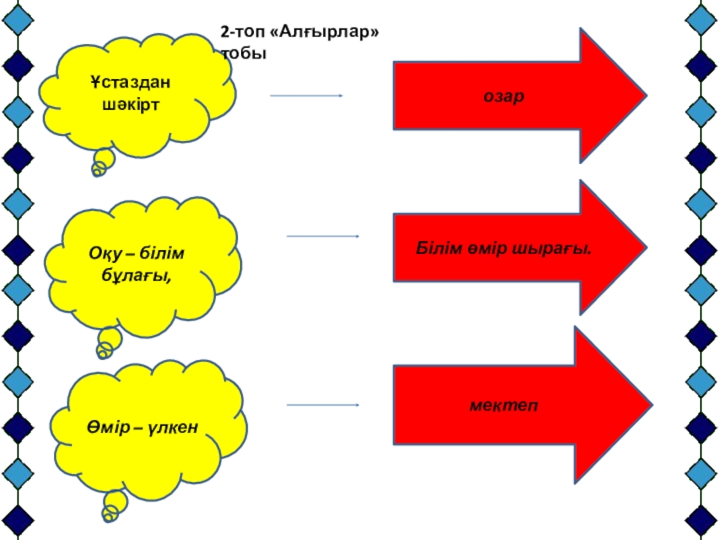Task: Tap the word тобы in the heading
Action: click(x=244, y=53)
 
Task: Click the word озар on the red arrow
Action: click(x=503, y=95)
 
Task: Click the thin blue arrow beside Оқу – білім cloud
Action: click(x=322, y=237)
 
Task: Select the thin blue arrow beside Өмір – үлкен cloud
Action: click(x=323, y=405)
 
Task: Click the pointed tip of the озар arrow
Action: click(x=643, y=95)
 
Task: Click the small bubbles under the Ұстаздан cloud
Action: click(x=103, y=163)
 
